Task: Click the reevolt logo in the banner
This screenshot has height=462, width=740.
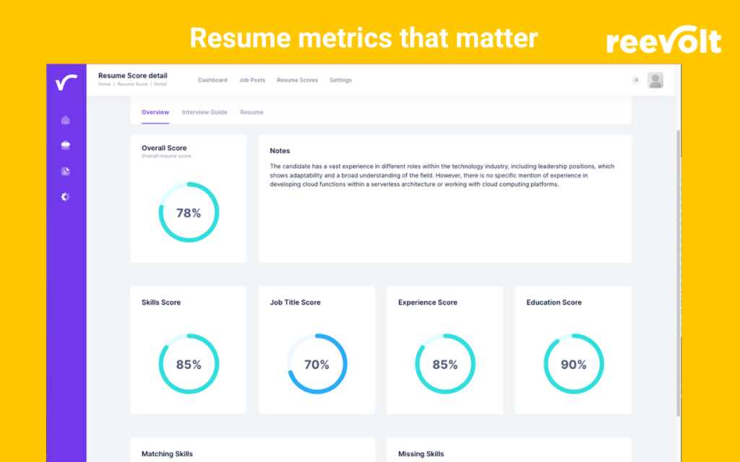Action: coord(663,42)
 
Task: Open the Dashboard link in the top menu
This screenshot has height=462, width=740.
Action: coord(212,80)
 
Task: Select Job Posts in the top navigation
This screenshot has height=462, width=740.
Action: coord(252,80)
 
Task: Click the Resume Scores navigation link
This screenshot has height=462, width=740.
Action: coord(297,80)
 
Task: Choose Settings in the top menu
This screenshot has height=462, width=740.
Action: coord(340,80)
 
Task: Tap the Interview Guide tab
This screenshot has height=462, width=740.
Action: coord(205,113)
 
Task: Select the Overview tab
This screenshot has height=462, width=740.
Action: coord(155,113)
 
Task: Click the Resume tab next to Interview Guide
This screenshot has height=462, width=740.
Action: coord(251,113)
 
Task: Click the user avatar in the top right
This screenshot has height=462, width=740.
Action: coord(655,80)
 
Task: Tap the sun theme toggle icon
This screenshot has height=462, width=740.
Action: coord(636,80)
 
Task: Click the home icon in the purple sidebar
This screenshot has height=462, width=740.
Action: coord(66,120)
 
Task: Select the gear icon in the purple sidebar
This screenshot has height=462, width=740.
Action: coord(66,196)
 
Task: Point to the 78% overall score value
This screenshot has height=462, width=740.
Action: coord(189,213)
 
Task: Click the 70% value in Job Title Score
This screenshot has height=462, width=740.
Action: coord(317,365)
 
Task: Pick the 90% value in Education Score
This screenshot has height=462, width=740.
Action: coord(573,365)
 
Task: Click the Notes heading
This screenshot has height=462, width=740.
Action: coord(280,151)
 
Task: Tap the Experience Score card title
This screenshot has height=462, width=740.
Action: coord(427,302)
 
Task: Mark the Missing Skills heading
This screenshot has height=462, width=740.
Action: coord(421,454)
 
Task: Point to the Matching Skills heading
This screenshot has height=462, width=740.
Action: coord(167,454)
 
